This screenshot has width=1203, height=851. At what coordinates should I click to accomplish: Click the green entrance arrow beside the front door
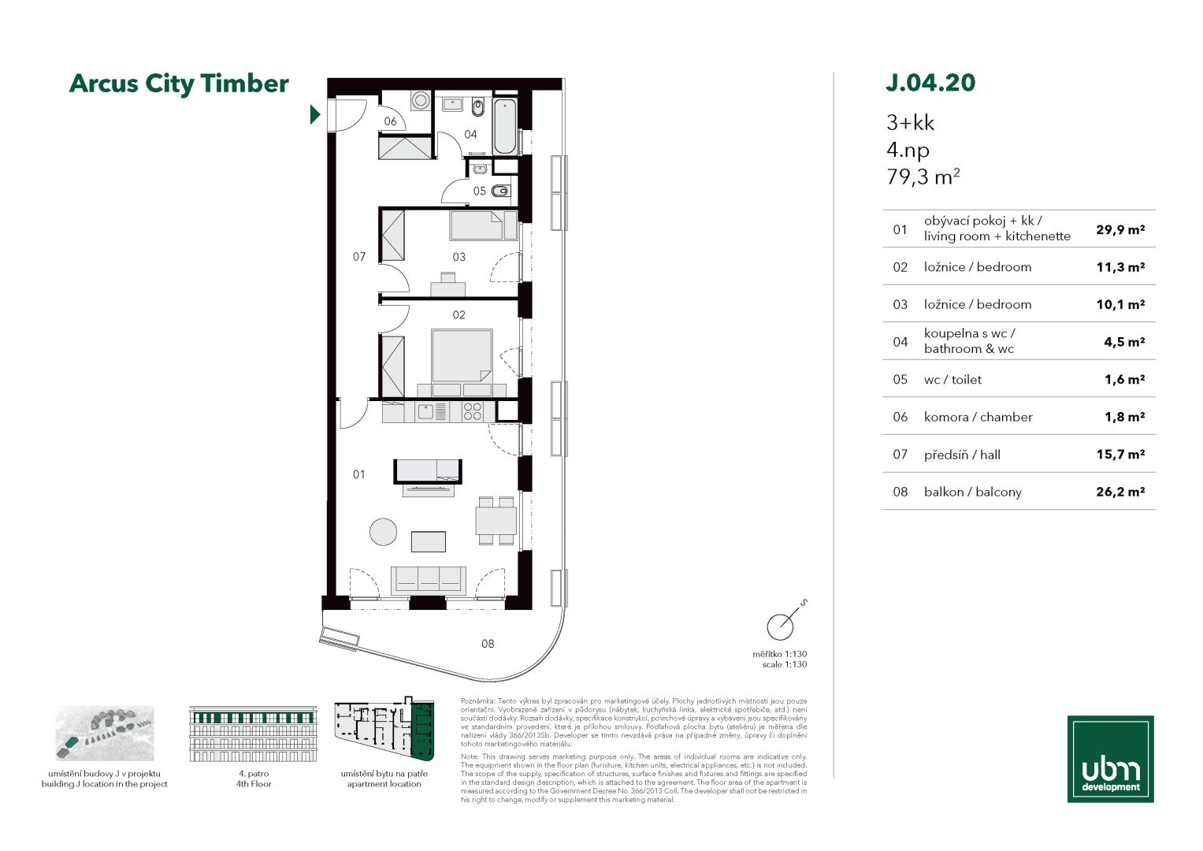point(314,114)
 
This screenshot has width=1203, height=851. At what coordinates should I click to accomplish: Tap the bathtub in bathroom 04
point(505,126)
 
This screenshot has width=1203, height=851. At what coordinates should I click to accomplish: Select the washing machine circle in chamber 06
point(421,100)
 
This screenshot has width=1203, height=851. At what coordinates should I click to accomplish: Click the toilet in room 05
point(501,191)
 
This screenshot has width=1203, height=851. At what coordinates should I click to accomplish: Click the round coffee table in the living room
point(384,531)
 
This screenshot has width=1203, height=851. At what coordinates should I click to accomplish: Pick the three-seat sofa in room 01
point(428,580)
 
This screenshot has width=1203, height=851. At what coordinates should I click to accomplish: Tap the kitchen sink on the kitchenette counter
point(426,412)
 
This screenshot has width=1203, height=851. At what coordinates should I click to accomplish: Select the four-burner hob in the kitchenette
point(473,411)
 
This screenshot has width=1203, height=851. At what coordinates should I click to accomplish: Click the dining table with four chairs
point(496,521)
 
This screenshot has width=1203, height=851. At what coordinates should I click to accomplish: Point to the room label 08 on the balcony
point(488,644)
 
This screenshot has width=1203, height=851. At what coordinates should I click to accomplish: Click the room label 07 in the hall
point(358,257)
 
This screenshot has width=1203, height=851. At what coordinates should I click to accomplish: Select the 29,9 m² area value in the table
point(1120,230)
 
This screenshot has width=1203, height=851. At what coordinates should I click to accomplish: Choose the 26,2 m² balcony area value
point(1120,492)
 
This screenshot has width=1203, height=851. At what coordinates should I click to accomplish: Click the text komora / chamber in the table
point(978,417)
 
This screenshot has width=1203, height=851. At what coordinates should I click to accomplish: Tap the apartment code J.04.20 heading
point(930,83)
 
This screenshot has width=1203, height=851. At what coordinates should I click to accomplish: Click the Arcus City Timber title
point(179,84)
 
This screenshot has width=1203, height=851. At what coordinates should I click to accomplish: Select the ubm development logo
point(1110,759)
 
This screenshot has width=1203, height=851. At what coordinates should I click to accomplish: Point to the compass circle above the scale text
point(780,626)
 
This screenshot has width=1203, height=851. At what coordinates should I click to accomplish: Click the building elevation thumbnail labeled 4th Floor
point(253,734)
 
